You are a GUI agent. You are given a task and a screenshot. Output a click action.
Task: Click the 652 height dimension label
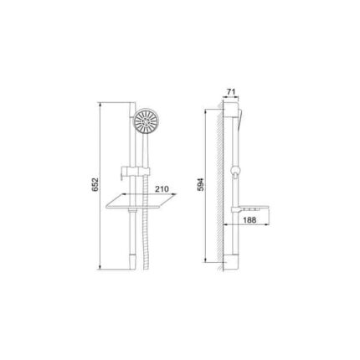[x=95, y=184]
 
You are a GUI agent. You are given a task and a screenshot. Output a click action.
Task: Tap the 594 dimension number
[x=201, y=184]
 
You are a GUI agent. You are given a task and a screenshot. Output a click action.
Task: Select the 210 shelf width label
[x=162, y=189]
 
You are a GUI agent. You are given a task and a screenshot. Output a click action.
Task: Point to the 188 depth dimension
[x=249, y=220]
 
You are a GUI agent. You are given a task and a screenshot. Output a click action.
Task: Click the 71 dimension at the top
[x=231, y=92]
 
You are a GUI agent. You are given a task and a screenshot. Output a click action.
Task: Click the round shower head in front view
[x=145, y=121]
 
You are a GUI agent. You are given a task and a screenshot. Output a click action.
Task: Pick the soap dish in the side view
[x=249, y=209]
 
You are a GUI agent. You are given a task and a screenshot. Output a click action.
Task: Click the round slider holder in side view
[x=235, y=171]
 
